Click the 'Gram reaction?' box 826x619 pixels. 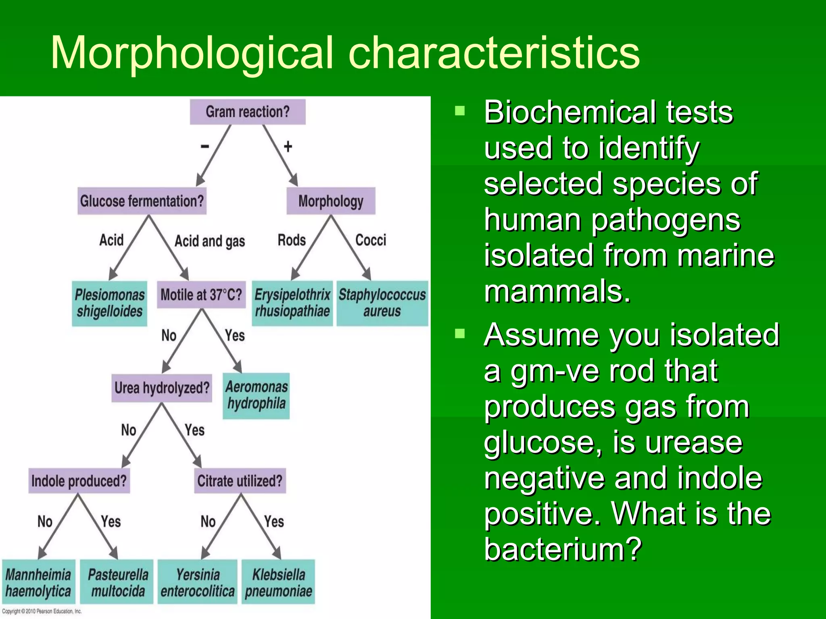(x=248, y=112)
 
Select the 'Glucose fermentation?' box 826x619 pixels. (x=142, y=201)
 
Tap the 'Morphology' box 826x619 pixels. (x=331, y=201)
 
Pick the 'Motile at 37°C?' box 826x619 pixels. (x=201, y=295)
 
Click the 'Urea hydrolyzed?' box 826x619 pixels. (x=162, y=388)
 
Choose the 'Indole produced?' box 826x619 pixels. (x=79, y=481)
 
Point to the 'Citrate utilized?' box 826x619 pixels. (x=240, y=481)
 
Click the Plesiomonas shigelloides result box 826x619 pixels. (x=110, y=303)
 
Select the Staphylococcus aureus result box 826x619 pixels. (x=382, y=303)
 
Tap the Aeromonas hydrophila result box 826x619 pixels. (x=257, y=395)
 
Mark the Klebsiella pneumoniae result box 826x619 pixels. (x=278, y=582)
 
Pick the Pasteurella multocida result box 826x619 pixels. (x=117, y=582)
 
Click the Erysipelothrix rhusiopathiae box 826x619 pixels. (x=292, y=303)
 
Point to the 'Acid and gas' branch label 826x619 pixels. (x=210, y=241)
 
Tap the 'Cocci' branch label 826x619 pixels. (x=371, y=240)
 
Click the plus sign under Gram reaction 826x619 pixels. (x=288, y=147)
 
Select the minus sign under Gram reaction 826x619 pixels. (x=205, y=146)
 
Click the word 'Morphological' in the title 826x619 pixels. (x=192, y=53)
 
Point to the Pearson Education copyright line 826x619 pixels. (x=42, y=611)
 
